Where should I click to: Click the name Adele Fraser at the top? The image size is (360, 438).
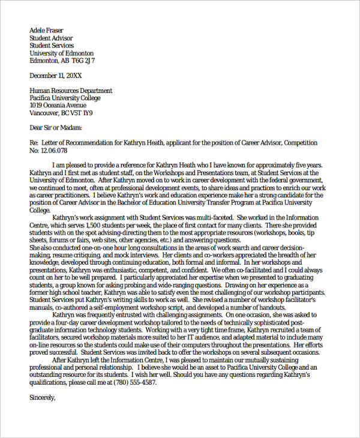pyautogui.click(x=46, y=30)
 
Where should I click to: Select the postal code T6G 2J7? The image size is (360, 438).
pyautogui.click(x=83, y=61)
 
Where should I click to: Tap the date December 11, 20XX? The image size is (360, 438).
pyautogui.click(x=56, y=76)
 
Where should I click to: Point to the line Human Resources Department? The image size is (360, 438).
pyautogui.click(x=71, y=91)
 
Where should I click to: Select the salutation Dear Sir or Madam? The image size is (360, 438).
pyautogui.click(x=56, y=128)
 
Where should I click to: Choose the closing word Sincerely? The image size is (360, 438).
pyautogui.click(x=42, y=397)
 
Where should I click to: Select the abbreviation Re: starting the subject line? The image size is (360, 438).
pyautogui.click(x=34, y=143)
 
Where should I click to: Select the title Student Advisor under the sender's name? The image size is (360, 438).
pyautogui.click(x=52, y=38)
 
